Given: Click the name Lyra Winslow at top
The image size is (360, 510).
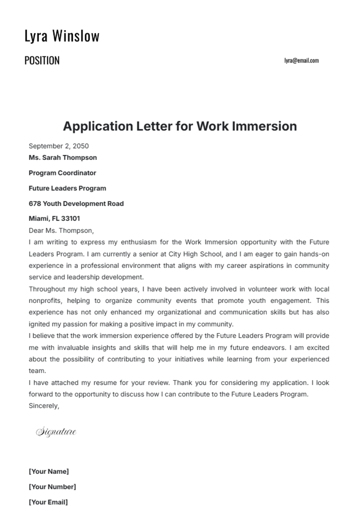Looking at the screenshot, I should click(62, 36).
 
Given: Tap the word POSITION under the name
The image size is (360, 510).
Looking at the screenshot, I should click(42, 61).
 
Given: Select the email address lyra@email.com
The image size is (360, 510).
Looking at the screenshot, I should click(301, 61).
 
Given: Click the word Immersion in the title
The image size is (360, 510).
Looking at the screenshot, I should click(265, 126).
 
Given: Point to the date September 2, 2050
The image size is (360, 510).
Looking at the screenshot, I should click(59, 146).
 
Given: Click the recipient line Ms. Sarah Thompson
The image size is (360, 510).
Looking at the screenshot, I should click(63, 158).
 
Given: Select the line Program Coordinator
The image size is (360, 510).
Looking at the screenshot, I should click(62, 173).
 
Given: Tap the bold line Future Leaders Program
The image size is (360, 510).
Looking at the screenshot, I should click(67, 188).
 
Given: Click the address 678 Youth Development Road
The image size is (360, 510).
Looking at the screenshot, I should click(76, 204).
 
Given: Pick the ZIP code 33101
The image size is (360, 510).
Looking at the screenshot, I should click(70, 219).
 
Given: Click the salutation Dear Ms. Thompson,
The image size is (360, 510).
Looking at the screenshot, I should click(61, 231).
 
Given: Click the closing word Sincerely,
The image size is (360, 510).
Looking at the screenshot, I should click(44, 406).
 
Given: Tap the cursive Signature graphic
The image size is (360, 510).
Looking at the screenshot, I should click(56, 432).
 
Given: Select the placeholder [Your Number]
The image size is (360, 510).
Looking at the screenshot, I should click(52, 487).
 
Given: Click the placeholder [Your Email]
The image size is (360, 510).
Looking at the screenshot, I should click(48, 502).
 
